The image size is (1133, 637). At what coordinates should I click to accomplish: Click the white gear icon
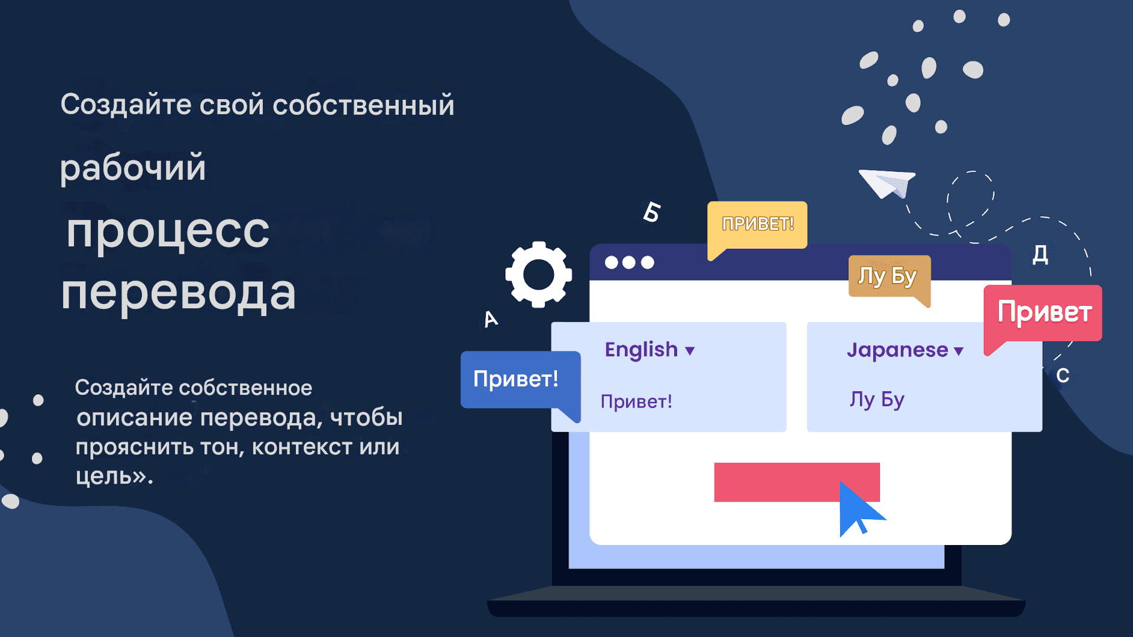538,275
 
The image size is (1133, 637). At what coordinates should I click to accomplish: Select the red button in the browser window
776,482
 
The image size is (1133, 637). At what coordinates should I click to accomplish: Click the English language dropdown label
641,350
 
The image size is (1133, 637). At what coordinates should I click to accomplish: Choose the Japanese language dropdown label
897,350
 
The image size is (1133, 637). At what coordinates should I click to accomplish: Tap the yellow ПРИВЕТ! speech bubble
757,224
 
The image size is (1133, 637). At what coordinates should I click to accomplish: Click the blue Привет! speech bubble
515,379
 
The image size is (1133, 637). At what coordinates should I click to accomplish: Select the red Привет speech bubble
1044,312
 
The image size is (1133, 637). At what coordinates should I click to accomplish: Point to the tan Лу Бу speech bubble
888,276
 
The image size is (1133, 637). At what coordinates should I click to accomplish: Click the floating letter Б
651,212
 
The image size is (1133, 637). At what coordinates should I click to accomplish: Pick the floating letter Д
1040,254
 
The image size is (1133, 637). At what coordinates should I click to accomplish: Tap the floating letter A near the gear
491,318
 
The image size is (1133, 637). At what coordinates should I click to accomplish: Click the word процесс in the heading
168,231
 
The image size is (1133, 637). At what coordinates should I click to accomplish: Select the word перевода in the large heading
179,293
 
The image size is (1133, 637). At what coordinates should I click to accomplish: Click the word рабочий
133,168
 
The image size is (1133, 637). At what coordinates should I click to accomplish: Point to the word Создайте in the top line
126,105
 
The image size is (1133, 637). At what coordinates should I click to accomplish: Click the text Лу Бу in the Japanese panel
877,400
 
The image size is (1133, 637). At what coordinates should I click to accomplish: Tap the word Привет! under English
636,401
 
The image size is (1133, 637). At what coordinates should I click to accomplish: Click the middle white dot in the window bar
629,263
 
